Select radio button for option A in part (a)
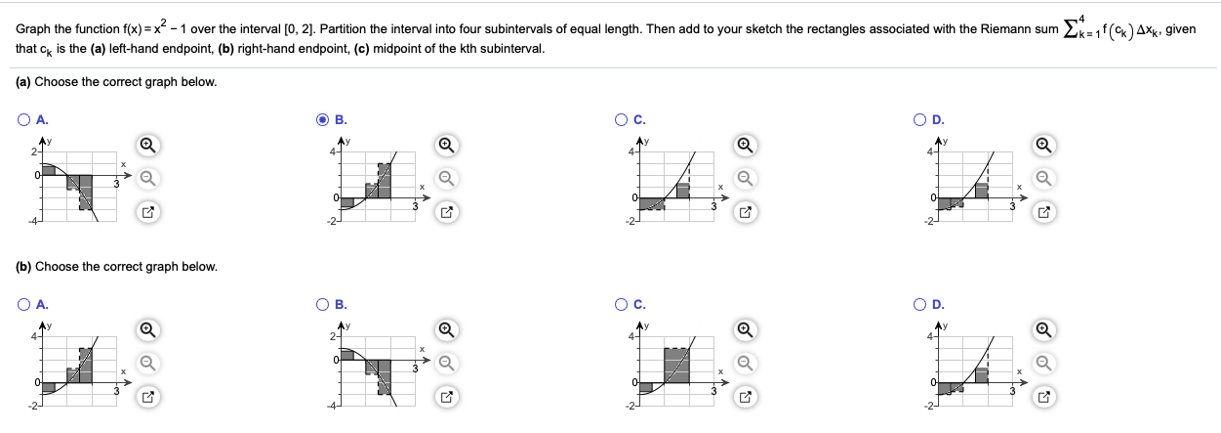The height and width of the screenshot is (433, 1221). (23, 120)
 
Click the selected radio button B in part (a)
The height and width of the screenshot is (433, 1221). (323, 120)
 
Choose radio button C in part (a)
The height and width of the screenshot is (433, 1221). (622, 120)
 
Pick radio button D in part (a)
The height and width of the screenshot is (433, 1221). (921, 120)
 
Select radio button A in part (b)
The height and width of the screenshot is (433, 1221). (23, 304)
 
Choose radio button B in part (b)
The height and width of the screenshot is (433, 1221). (323, 304)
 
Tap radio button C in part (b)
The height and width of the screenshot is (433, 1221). (622, 304)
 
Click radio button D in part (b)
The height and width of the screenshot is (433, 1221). (921, 304)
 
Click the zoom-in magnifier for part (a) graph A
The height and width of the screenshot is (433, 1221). (146, 146)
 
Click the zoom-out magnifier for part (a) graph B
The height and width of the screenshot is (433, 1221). (445, 178)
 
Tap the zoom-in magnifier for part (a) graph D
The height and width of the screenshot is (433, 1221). (1043, 146)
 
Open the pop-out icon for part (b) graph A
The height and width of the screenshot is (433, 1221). (146, 396)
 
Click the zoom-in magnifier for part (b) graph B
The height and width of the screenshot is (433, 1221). (445, 330)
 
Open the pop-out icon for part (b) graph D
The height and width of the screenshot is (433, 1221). (1043, 396)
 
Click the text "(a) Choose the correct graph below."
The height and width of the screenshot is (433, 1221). (116, 82)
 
